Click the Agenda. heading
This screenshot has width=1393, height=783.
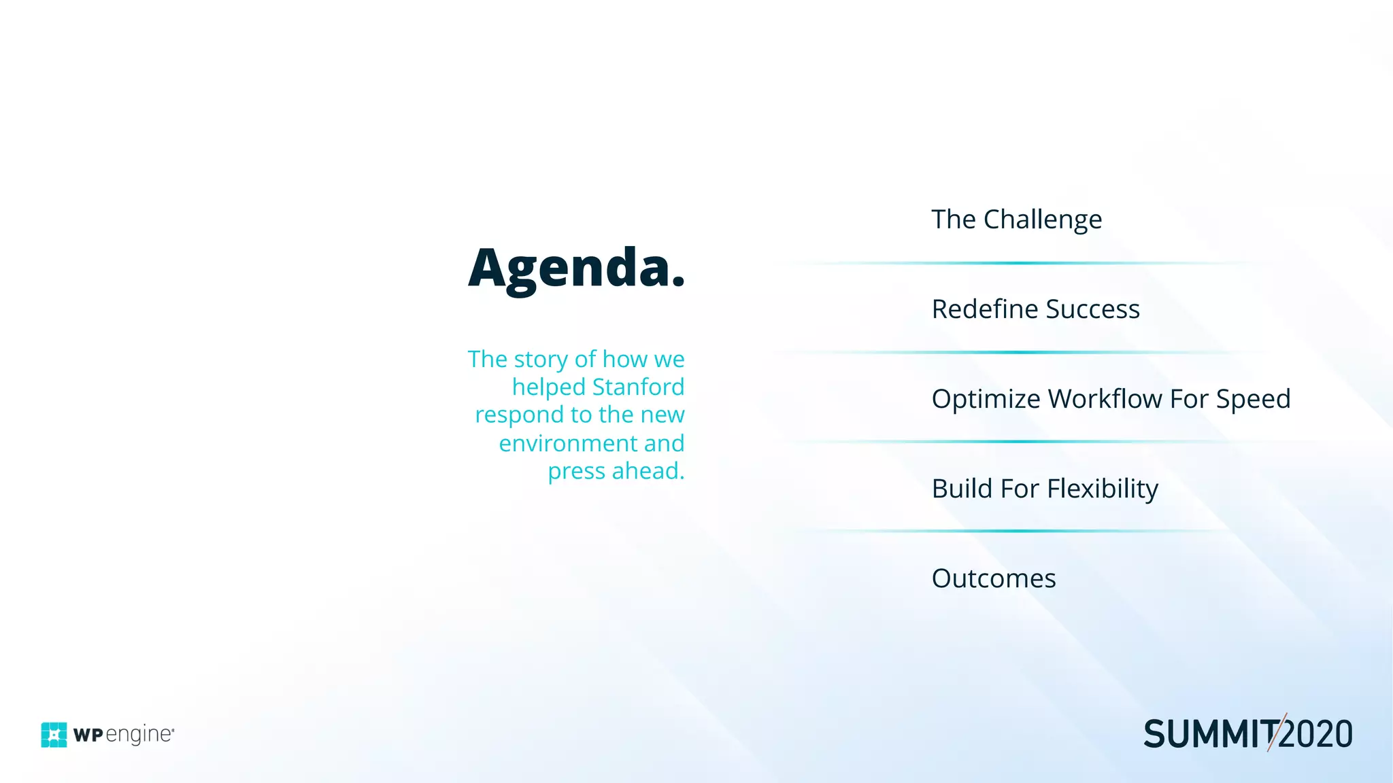coord(576,268)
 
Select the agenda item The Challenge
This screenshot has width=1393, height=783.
coord(1016,220)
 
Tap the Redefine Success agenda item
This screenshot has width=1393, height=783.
coord(1035,309)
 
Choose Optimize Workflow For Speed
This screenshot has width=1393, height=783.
coord(1111,399)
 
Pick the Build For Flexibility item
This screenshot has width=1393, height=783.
coord(1045,489)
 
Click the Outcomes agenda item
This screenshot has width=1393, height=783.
coord(994,578)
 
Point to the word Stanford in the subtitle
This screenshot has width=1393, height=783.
coord(638,387)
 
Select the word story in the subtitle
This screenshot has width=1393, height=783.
coord(541,359)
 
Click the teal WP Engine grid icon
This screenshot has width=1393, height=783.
coord(54,735)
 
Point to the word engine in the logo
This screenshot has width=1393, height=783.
coord(139,735)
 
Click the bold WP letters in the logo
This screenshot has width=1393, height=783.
coord(88,735)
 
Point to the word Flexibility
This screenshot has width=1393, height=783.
coord(1103,489)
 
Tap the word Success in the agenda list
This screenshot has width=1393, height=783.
coord(1092,309)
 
